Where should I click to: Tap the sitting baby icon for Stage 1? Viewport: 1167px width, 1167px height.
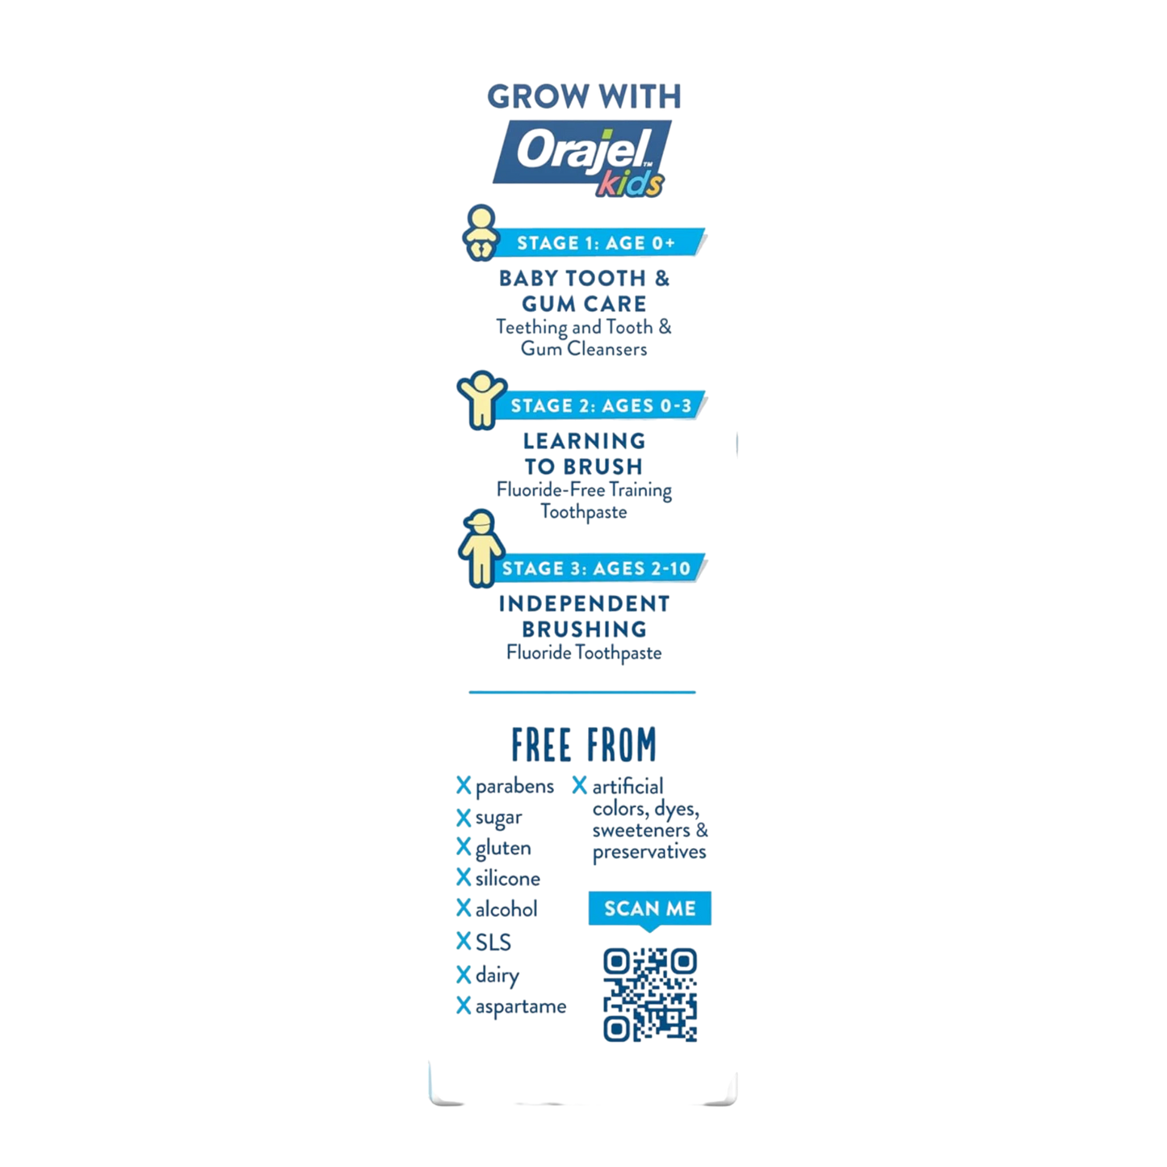click(481, 233)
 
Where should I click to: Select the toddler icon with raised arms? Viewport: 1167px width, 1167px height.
click(481, 400)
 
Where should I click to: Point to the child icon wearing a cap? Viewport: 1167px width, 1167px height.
click(481, 548)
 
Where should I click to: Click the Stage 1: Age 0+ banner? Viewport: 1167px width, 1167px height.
click(599, 243)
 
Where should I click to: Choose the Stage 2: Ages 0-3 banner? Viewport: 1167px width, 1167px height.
click(601, 405)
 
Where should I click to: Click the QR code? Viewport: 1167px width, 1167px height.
click(650, 995)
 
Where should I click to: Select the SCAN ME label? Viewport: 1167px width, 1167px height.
click(650, 909)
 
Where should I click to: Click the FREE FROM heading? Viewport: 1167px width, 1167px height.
click(584, 745)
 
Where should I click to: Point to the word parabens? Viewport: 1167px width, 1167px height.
click(514, 787)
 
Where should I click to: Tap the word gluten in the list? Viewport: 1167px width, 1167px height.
click(502, 849)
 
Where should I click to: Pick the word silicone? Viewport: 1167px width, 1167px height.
click(507, 878)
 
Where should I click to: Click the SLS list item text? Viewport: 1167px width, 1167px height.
click(493, 942)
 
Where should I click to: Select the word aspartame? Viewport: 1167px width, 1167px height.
click(521, 1006)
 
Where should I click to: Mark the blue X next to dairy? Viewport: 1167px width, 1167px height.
click(464, 975)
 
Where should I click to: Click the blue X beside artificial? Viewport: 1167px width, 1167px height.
click(580, 786)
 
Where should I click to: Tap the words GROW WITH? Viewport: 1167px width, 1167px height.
click(585, 97)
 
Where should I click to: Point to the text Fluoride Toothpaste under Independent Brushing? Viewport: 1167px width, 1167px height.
click(584, 653)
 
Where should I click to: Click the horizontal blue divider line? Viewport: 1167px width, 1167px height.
click(582, 691)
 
